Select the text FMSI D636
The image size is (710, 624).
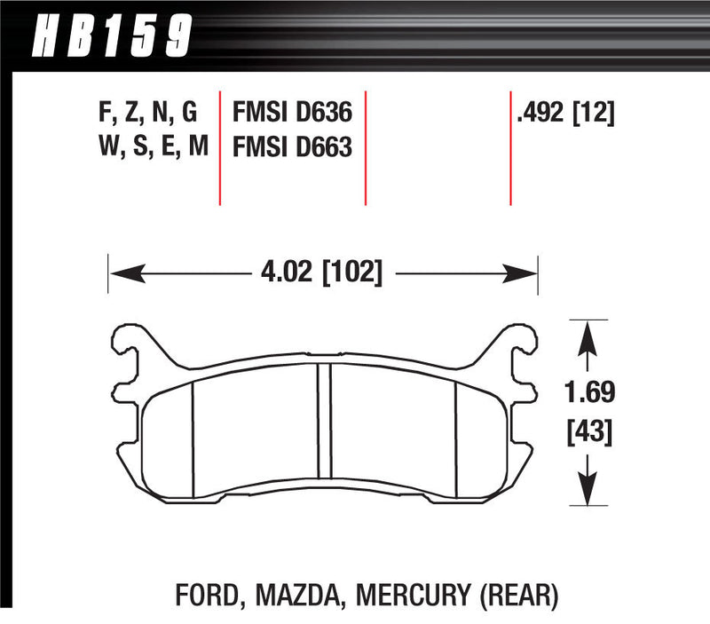tap(293, 114)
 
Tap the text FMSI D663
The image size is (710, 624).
tap(293, 146)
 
